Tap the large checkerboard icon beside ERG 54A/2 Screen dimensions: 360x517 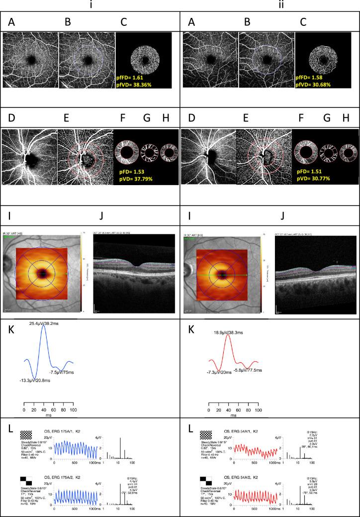point(204,479)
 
